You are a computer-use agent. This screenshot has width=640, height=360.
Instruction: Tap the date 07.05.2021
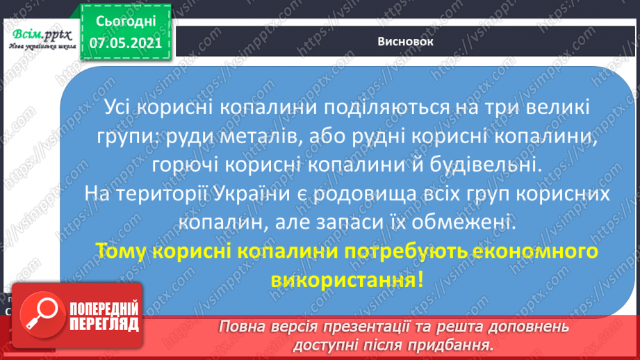tap(126, 42)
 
